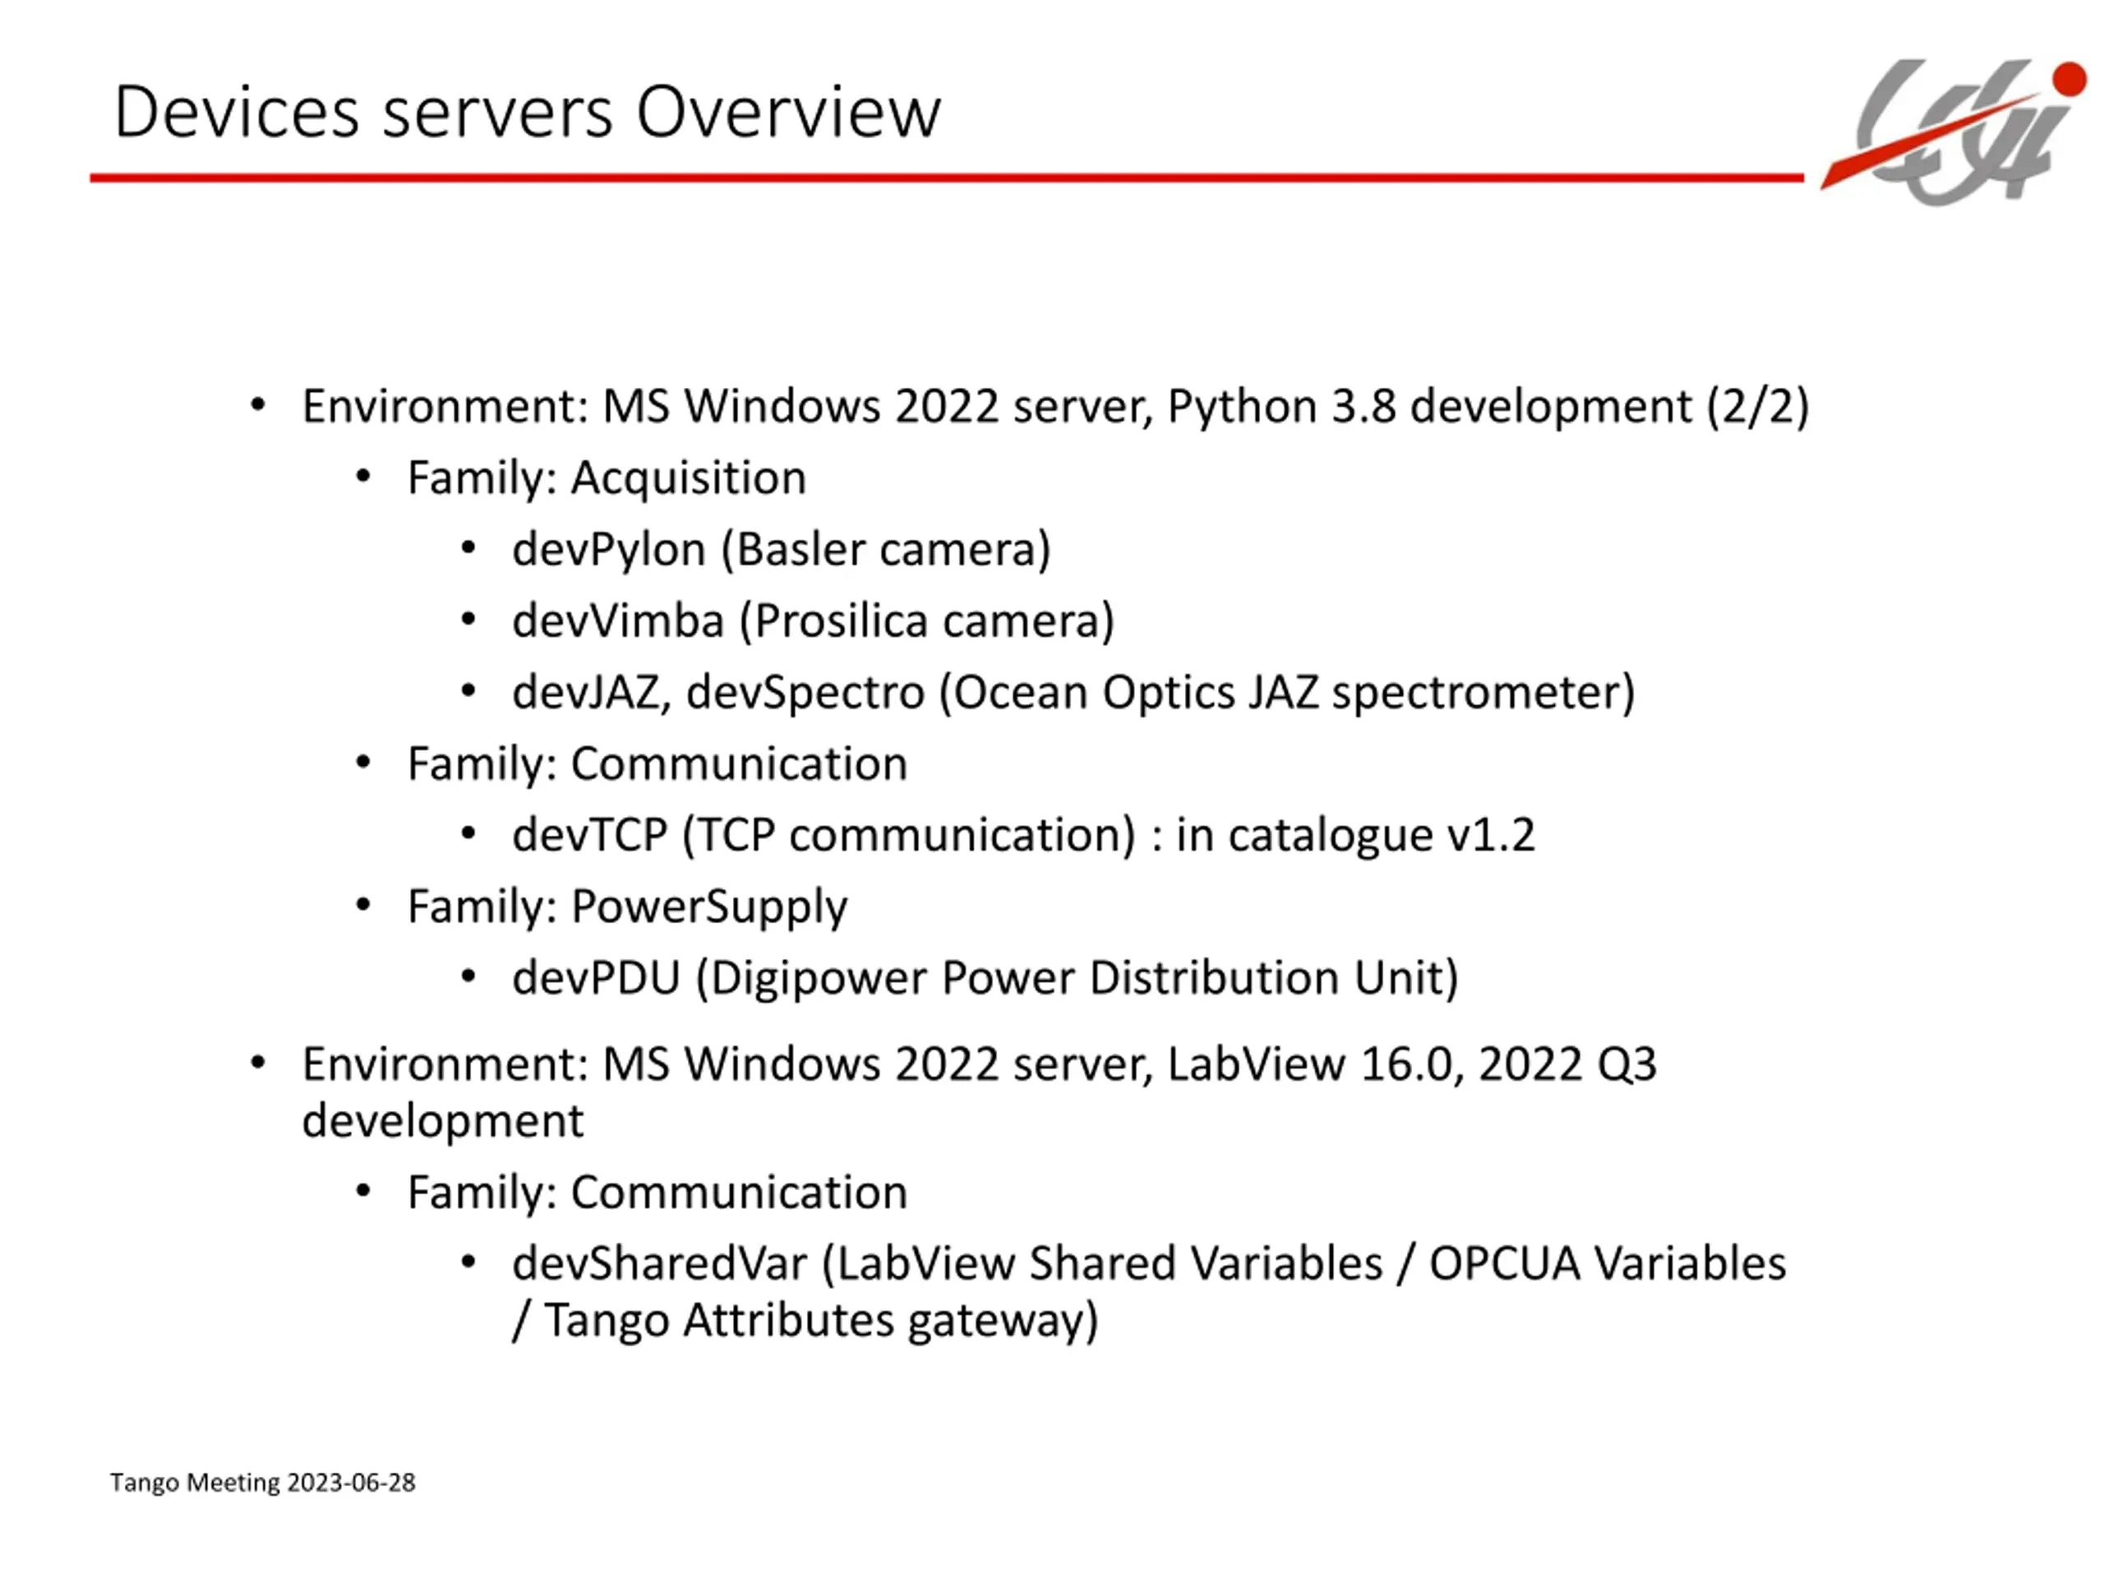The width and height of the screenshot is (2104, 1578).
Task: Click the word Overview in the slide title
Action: click(787, 113)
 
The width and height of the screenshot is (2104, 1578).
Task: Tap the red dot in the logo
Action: click(2069, 80)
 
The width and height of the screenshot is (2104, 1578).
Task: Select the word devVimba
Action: click(618, 621)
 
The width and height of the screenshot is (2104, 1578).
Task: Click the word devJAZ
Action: click(586, 693)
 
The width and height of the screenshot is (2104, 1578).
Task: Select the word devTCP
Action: click(590, 835)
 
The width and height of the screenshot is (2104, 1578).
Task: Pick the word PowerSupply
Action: click(708, 907)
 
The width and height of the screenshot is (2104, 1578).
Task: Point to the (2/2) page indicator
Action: click(1757, 406)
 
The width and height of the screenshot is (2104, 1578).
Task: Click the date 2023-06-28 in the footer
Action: click(351, 1483)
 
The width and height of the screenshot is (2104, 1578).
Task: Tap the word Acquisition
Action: click(688, 478)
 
